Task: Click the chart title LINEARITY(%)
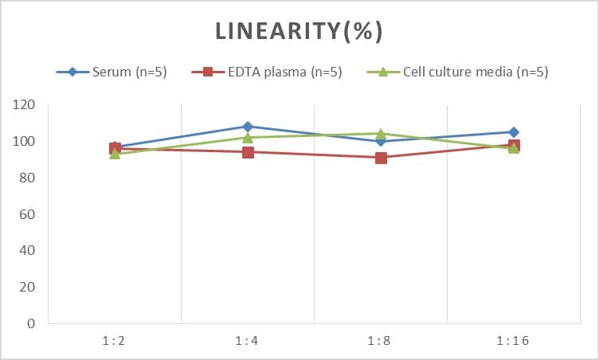(x=299, y=31)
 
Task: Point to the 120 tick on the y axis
(x=24, y=105)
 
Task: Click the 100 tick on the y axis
(x=24, y=142)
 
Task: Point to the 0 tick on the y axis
(x=31, y=323)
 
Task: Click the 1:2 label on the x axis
(x=114, y=341)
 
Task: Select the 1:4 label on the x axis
(x=247, y=341)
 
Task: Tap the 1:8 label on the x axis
(x=380, y=341)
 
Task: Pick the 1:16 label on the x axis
(x=513, y=341)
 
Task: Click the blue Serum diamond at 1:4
(x=248, y=127)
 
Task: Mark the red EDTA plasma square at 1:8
(x=381, y=158)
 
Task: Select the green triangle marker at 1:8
(x=381, y=134)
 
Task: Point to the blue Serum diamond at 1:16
(x=514, y=132)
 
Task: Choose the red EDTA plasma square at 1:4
(x=248, y=152)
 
